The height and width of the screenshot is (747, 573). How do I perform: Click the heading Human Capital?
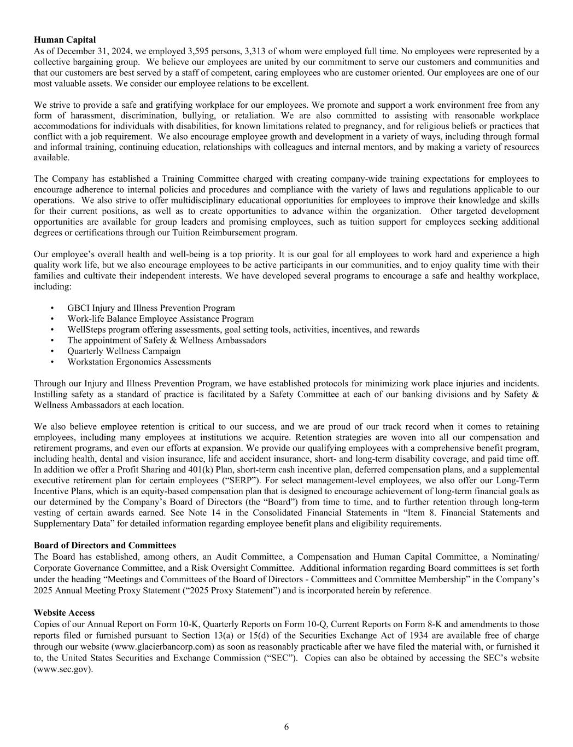65,40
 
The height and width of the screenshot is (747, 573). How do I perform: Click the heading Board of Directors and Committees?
105,545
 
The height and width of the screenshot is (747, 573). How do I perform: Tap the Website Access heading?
64,613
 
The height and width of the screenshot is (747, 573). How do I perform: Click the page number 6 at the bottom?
286,727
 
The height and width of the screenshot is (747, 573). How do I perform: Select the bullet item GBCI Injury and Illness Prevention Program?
151,308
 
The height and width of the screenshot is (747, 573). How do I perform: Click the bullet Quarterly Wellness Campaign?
124,351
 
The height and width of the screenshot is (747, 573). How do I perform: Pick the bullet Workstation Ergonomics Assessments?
139,362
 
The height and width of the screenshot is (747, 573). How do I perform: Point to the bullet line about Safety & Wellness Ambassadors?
167,340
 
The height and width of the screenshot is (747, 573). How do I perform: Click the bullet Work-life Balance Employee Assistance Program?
160,319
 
